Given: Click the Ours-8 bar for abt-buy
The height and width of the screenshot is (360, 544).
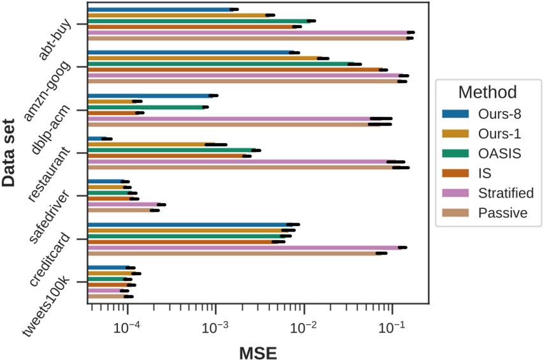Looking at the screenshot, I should coord(159,10).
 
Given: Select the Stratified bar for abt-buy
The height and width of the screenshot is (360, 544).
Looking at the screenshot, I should coord(249,33).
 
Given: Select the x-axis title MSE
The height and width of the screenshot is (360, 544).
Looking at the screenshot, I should coord(258,350).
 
